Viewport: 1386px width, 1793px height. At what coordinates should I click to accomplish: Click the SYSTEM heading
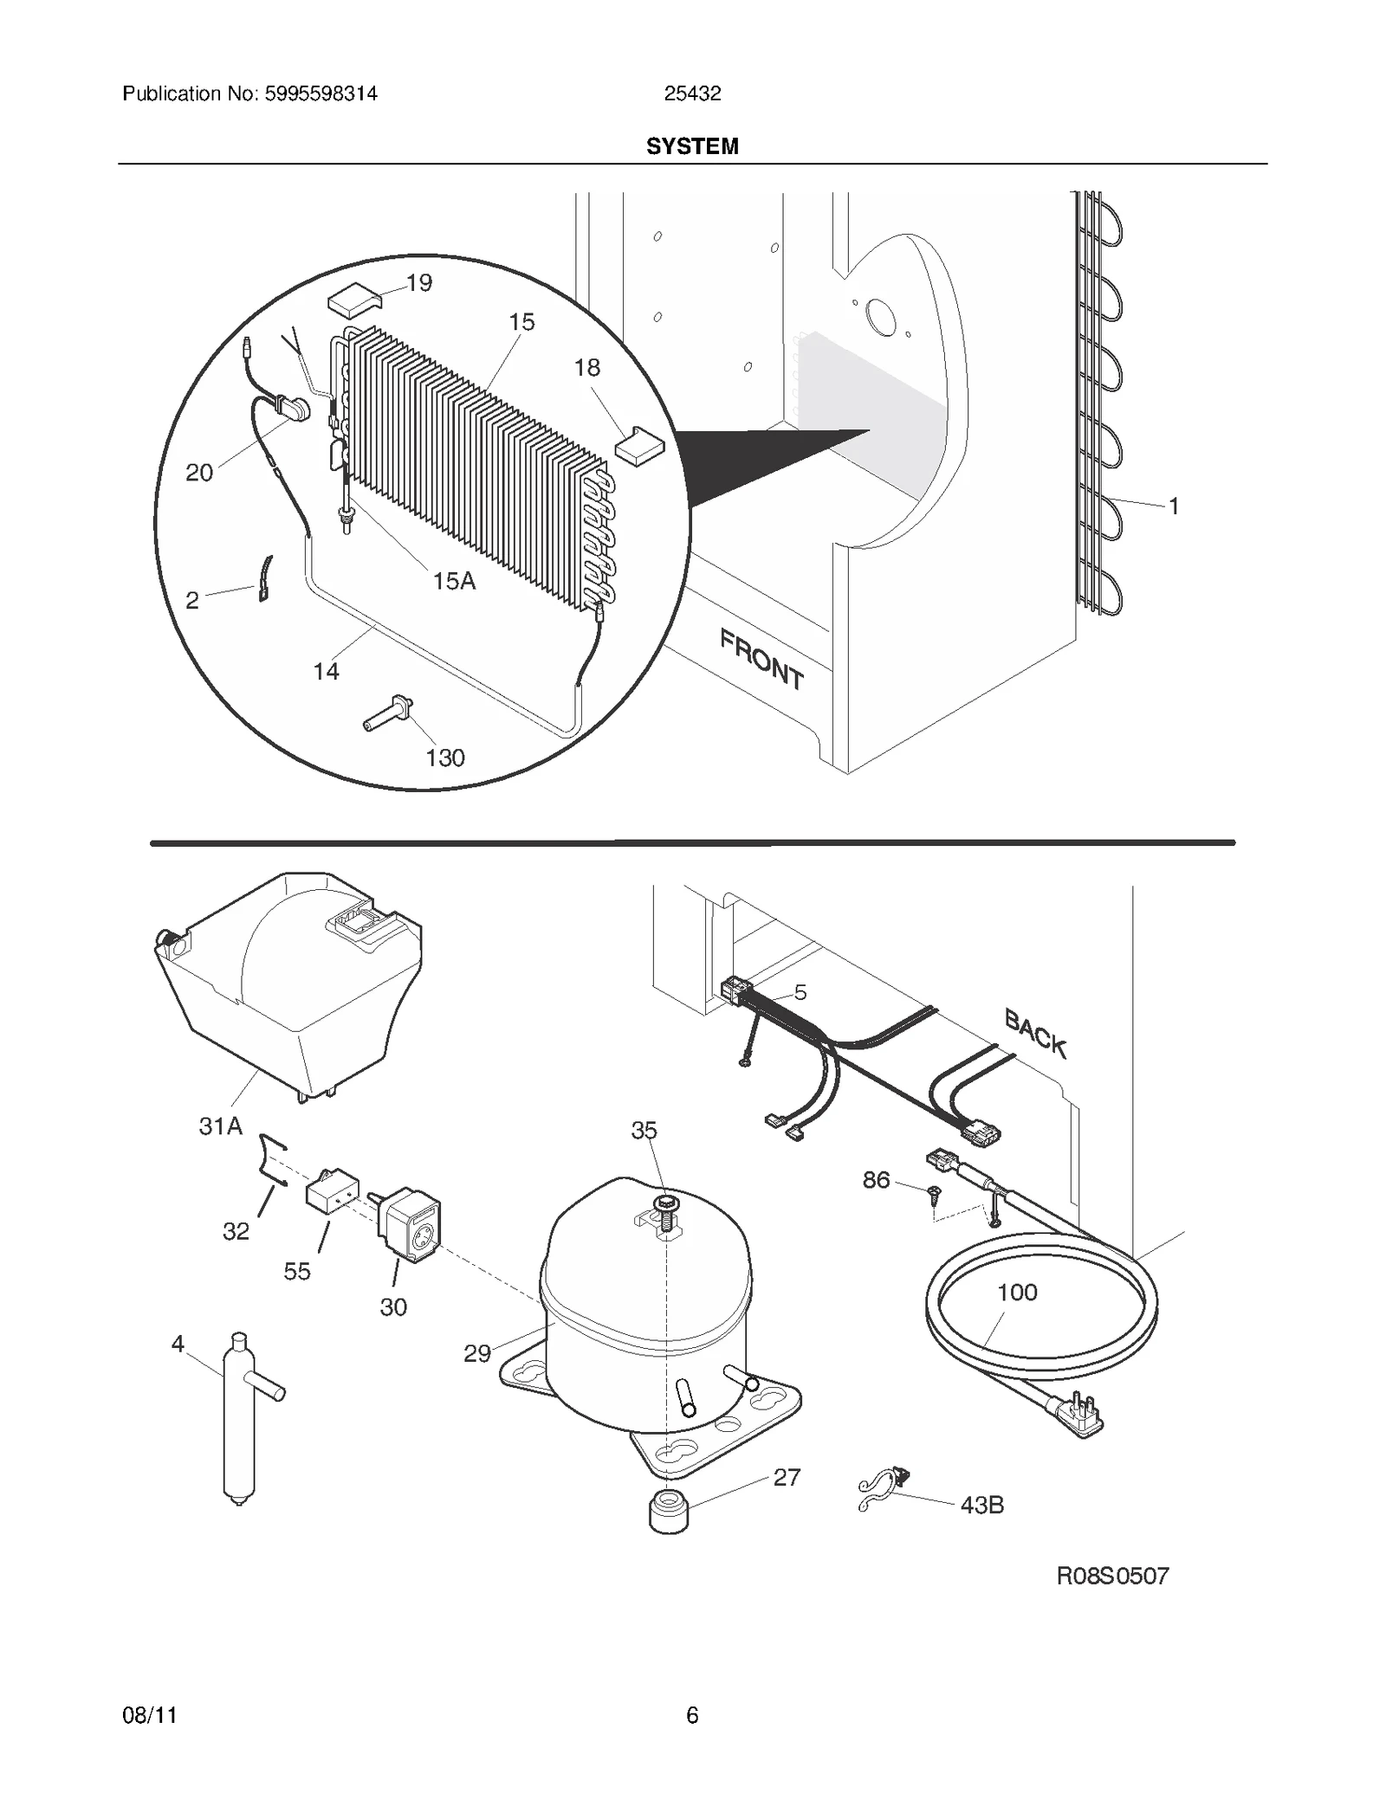click(x=692, y=146)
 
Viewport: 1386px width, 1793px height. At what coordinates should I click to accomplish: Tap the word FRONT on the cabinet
click(x=761, y=659)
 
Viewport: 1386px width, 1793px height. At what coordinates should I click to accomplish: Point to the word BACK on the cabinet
click(x=1035, y=1034)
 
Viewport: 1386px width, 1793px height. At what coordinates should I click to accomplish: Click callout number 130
click(x=445, y=758)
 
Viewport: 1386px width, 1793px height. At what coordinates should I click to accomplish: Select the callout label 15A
click(x=454, y=581)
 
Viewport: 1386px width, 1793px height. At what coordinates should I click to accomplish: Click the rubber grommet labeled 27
click(x=668, y=1511)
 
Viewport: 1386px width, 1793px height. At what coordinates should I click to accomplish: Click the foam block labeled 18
click(x=639, y=444)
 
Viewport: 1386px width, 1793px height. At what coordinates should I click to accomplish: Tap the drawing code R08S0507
click(x=1112, y=1575)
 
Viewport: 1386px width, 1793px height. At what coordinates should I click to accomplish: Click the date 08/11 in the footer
click(x=150, y=1715)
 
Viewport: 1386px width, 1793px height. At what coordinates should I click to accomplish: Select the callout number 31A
click(x=220, y=1126)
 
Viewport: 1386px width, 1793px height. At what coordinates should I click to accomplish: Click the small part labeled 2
click(x=265, y=578)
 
